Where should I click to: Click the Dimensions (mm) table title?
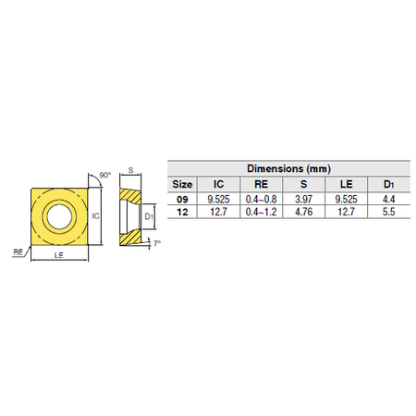288,168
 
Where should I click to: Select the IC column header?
218,184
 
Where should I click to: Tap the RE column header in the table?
261,184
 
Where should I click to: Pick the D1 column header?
388,184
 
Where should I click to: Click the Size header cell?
182,184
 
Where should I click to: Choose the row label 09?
182,200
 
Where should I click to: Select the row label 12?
182,212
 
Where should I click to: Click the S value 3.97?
303,200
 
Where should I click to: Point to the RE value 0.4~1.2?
261,212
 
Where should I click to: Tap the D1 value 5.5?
388,212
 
